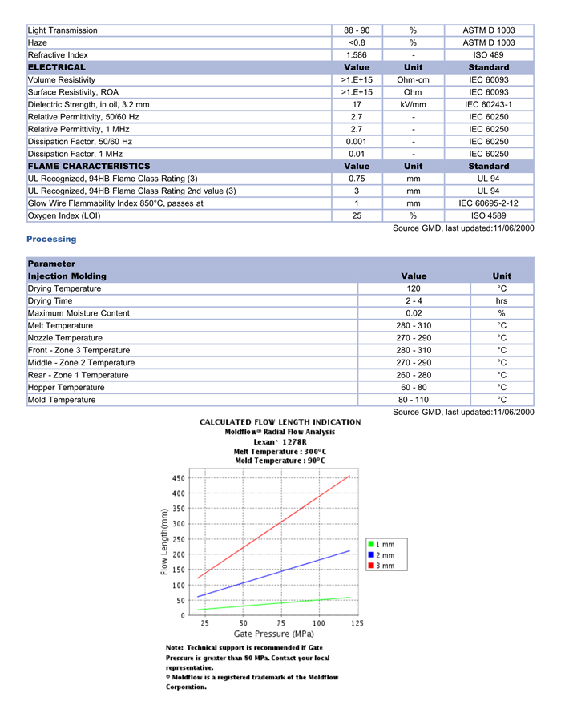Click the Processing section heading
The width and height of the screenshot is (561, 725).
click(x=51, y=239)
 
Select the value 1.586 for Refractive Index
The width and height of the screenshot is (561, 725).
click(x=357, y=55)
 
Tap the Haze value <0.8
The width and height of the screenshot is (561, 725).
click(x=357, y=42)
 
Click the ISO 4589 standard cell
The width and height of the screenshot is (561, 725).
click(x=488, y=215)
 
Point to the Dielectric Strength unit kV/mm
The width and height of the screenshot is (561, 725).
click(x=413, y=104)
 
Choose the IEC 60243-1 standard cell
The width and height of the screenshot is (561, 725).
click(x=488, y=104)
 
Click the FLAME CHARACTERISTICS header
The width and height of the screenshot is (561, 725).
click(x=89, y=166)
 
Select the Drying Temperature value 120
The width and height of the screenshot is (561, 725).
click(x=413, y=288)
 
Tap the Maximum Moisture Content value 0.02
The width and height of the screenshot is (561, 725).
click(x=413, y=313)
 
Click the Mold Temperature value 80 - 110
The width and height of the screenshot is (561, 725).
click(x=413, y=400)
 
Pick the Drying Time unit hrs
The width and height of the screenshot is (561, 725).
click(x=502, y=301)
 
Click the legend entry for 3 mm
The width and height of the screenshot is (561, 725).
click(x=381, y=566)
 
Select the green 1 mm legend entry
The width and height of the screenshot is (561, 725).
click(x=381, y=544)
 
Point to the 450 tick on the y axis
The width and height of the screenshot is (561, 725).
click(x=178, y=478)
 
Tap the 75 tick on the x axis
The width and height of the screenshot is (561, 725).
click(x=281, y=623)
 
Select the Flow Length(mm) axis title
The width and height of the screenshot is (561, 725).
click(x=164, y=542)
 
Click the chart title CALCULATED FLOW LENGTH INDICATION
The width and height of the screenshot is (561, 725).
click(x=280, y=422)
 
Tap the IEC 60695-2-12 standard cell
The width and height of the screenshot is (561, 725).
click(x=488, y=203)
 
